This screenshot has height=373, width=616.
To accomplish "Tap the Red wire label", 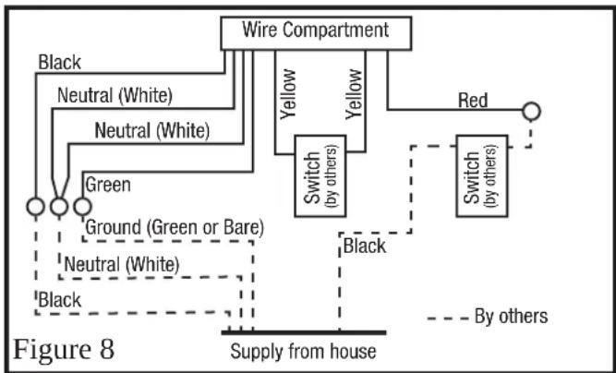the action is click(x=473, y=101).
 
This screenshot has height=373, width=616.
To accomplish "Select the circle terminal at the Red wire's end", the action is click(x=531, y=111).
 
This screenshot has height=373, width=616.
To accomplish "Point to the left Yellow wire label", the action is click(x=288, y=94).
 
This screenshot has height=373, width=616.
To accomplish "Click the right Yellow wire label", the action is click(x=354, y=94).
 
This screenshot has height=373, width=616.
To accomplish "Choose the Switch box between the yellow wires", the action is click(x=320, y=176).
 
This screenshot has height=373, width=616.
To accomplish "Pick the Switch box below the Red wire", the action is click(x=482, y=176).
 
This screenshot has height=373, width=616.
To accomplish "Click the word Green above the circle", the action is click(x=108, y=185).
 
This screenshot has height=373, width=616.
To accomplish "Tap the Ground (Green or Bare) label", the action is click(x=175, y=227).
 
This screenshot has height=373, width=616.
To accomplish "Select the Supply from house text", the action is click(x=303, y=351).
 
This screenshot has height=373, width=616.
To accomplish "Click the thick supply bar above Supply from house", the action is click(x=304, y=333).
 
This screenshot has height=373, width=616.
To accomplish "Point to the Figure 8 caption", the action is click(x=64, y=349).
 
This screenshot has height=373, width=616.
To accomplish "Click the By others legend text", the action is click(x=511, y=317).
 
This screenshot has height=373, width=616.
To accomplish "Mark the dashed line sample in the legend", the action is click(x=448, y=318).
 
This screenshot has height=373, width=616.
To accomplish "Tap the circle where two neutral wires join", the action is click(x=59, y=207).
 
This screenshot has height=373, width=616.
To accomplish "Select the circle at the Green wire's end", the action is click(x=82, y=207).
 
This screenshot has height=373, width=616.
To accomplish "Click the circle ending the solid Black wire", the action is click(x=36, y=207).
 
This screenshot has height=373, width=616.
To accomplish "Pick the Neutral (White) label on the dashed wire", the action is click(x=122, y=265).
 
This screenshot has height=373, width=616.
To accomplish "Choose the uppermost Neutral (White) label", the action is click(x=115, y=96).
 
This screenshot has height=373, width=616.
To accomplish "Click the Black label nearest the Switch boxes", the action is click(x=365, y=247).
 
